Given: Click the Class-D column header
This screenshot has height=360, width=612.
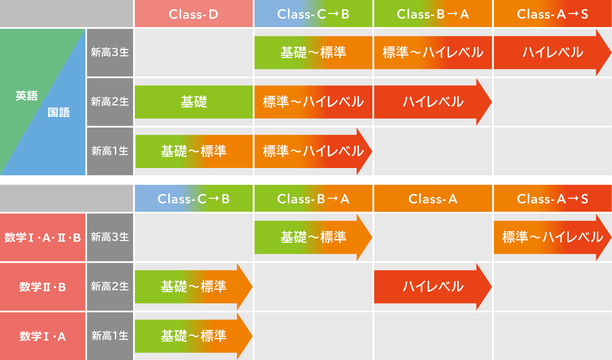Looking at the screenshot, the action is (194, 14).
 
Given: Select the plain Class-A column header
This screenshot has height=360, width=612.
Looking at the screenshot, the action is (433, 199).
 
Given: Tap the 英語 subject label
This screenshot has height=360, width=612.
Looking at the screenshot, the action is (26, 96).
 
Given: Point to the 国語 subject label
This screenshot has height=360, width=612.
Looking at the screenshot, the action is (59, 112).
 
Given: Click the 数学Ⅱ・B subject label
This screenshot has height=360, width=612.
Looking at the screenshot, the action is (43, 287).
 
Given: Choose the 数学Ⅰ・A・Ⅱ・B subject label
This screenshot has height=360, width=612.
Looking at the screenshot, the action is (43, 237).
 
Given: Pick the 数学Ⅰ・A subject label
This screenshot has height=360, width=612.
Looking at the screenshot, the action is (43, 336).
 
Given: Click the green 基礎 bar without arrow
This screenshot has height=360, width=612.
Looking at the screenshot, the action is (194, 102).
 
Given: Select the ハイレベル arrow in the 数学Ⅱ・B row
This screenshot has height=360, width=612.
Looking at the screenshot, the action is (433, 287).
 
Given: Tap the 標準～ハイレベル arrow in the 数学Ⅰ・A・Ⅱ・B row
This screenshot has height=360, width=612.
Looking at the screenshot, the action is (553, 237).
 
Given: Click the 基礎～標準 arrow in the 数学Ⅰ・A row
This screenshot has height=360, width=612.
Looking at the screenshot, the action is (194, 336).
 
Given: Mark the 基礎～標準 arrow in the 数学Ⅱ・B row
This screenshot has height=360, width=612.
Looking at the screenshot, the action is (194, 287).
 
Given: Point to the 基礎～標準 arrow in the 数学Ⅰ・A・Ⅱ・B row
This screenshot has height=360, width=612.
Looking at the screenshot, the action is (313, 237).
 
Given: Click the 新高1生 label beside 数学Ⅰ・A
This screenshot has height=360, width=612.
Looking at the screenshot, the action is (110, 336).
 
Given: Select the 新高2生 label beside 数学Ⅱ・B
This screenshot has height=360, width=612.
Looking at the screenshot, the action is (110, 287).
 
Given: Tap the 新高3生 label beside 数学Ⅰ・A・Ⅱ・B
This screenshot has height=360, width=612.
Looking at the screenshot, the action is (110, 237).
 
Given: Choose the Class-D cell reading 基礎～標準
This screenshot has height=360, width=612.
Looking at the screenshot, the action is (194, 151).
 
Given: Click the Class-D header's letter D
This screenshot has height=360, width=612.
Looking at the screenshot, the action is (213, 14).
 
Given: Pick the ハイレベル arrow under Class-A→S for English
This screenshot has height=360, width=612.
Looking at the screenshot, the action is (553, 52).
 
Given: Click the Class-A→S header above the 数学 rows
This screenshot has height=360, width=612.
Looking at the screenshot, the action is (553, 199).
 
